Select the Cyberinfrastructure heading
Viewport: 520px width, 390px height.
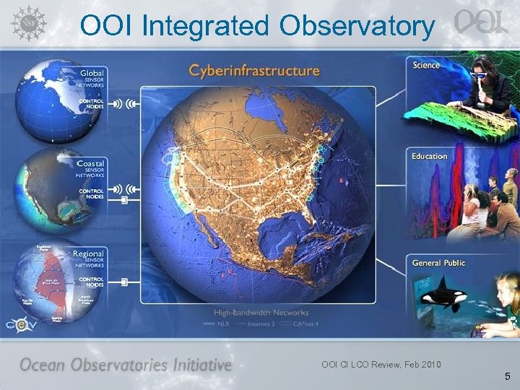(x=253, y=71)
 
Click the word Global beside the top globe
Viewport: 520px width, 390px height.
(x=92, y=73)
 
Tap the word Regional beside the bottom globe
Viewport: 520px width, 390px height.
(x=88, y=253)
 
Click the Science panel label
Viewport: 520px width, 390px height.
(x=426, y=66)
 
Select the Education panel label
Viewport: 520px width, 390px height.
(x=430, y=156)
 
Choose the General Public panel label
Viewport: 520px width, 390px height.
(x=438, y=263)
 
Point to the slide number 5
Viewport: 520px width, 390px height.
(x=507, y=376)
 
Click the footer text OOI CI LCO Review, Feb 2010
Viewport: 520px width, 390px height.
(x=381, y=364)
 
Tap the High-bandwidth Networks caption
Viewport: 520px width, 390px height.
(x=261, y=313)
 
